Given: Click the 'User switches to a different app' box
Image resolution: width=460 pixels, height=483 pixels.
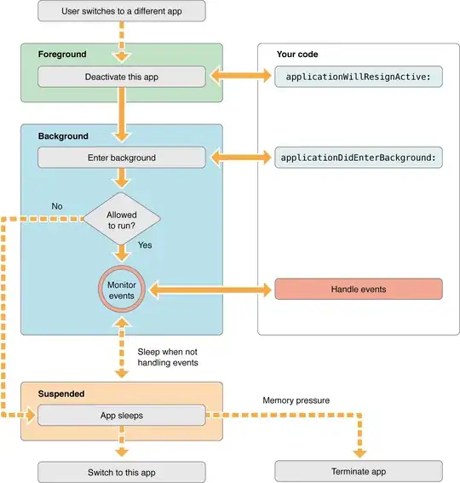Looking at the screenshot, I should tap(121, 12).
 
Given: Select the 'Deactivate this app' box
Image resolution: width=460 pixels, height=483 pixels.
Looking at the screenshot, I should tap(121, 77).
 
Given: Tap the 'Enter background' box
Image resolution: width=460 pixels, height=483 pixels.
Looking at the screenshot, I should tap(121, 158).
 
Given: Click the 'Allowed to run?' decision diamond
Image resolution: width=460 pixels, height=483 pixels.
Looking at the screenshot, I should tap(121, 218).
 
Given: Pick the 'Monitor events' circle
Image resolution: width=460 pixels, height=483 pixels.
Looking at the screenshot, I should tap(121, 290).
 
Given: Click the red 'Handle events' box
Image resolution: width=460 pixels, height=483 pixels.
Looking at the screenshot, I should tap(358, 290).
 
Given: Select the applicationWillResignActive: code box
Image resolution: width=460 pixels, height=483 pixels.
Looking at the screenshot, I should tap(358, 77).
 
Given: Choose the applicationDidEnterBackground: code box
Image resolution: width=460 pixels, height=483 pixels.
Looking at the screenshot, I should tap(358, 158).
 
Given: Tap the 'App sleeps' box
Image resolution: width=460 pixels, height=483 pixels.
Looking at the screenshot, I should tap(121, 415).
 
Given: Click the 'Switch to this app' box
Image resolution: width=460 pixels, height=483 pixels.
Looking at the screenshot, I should tap(121, 471).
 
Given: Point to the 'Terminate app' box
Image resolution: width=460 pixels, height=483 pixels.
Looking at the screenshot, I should tap(358, 471).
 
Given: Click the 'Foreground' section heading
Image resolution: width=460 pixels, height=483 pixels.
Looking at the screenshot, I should tap(62, 55).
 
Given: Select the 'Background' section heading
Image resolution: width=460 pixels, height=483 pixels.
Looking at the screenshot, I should tap(62, 135).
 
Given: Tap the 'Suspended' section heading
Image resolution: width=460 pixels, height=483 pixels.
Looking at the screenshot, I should tap(61, 394).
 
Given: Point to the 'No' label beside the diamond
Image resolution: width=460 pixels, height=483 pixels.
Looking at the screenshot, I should tap(57, 206).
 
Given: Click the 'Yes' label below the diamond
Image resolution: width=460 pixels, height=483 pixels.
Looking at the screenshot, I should tap(145, 245).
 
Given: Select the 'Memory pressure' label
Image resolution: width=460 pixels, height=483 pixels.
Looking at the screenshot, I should tap(296, 399).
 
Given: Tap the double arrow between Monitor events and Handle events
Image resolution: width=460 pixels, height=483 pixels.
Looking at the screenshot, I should tap(211, 290).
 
